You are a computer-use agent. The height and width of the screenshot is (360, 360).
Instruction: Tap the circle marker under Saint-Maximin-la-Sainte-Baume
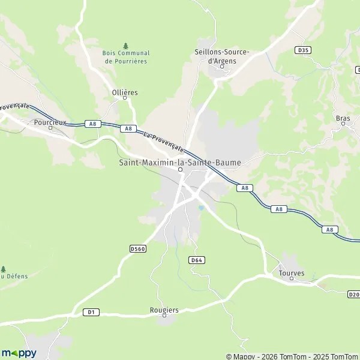pyautogui.click(x=180, y=169)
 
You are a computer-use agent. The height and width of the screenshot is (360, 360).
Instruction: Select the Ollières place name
pyautogui.click(x=125, y=92)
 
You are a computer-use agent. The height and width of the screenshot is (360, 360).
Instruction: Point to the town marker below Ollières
pyautogui.click(x=125, y=98)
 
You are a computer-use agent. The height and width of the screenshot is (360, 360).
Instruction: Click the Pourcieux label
pyautogui.click(x=50, y=122)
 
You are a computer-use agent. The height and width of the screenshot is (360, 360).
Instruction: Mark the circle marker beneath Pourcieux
pyautogui.click(x=50, y=128)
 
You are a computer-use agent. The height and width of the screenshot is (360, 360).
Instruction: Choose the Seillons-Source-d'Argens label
pyautogui.click(x=222, y=56)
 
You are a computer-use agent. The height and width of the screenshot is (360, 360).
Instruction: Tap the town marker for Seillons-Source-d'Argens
pyautogui.click(x=221, y=67)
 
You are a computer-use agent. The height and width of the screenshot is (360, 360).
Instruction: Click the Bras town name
pyautogui.click(x=343, y=118)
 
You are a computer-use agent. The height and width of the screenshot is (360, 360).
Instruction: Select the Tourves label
pyautogui.click(x=292, y=273)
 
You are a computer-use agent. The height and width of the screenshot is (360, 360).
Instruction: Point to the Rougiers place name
pyautogui.click(x=164, y=310)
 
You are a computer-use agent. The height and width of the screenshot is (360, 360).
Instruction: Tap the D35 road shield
pyautogui.click(x=302, y=50)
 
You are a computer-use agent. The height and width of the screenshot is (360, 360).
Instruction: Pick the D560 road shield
pyautogui.click(x=138, y=247)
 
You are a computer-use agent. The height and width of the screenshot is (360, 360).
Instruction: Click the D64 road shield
pyautogui.click(x=196, y=260)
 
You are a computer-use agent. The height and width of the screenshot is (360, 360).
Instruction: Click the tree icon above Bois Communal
pyautogui.click(x=125, y=46)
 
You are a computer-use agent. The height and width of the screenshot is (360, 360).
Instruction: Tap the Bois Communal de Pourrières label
pyautogui.click(x=127, y=57)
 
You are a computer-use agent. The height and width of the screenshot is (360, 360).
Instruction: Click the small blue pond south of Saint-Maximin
pyautogui.click(x=202, y=208)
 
